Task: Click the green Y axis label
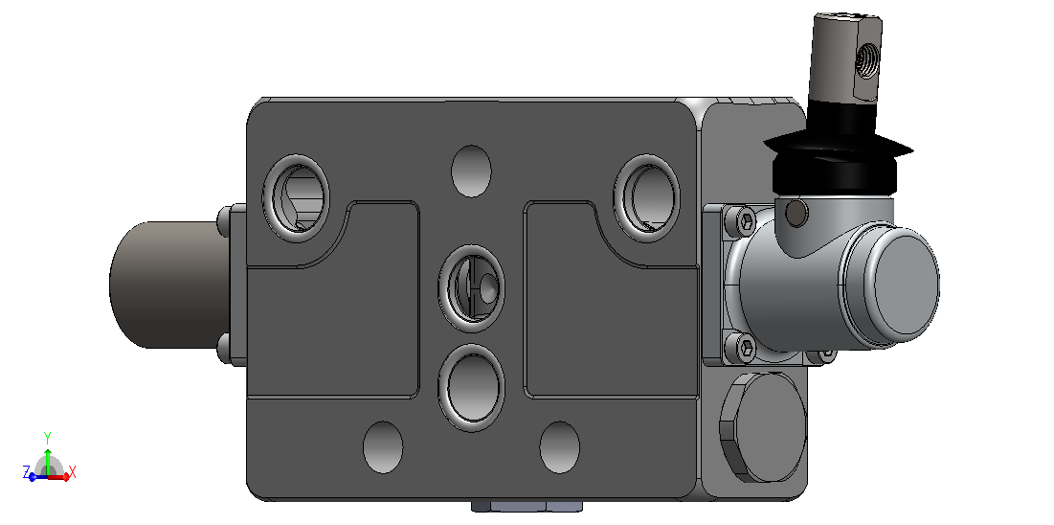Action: point(48,437)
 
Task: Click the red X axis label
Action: point(73,471)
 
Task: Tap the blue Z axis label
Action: point(26,471)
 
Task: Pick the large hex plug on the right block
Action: point(763,426)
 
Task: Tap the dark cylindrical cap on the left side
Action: point(170,285)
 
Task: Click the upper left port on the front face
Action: point(296,198)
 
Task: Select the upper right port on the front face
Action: point(646,198)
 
